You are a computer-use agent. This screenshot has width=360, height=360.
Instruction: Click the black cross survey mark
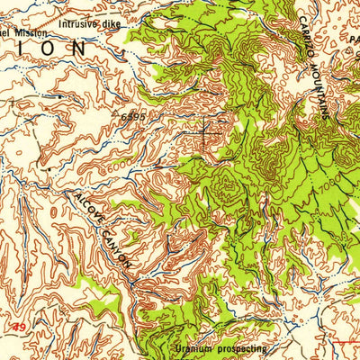(x=205, y=130)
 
